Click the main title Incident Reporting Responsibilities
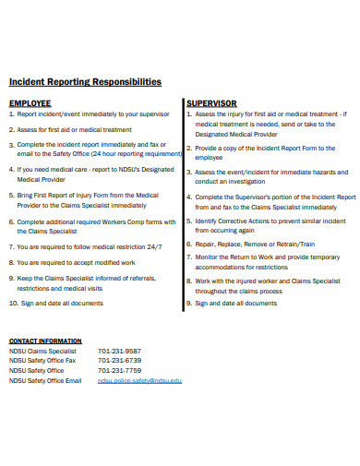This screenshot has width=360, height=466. click(x=85, y=82)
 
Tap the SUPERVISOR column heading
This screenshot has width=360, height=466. click(x=211, y=103)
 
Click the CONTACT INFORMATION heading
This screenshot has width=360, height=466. click(x=45, y=341)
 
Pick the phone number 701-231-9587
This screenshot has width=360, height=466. click(x=120, y=352)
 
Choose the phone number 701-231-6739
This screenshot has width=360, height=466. click(x=120, y=361)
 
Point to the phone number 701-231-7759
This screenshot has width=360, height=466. click(x=120, y=371)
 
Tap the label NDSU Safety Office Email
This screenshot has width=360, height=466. click(x=45, y=380)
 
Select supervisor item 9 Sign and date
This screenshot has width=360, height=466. click(x=235, y=303)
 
